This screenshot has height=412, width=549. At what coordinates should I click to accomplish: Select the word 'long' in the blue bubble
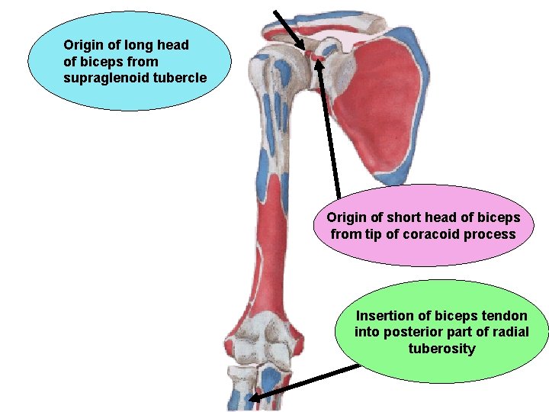pyautogui.click(x=136, y=45)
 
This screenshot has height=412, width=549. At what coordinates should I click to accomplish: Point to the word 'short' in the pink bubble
pyautogui.click(x=397, y=217)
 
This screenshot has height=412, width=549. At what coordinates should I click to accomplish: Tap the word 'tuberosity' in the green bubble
pyautogui.click(x=441, y=349)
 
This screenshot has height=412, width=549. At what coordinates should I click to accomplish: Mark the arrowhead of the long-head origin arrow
pyautogui.click(x=306, y=47)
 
